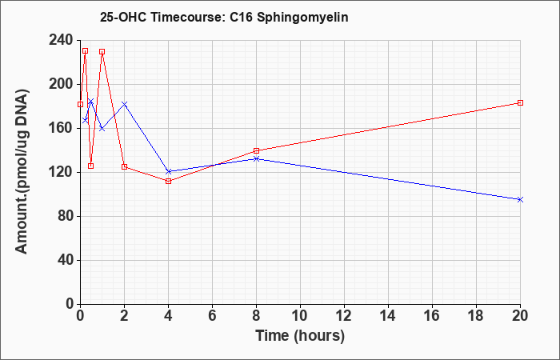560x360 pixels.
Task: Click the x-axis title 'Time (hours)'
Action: [x=300, y=335]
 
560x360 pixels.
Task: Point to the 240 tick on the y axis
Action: [x=61, y=40]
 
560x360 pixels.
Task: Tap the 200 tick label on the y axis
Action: [x=61, y=84]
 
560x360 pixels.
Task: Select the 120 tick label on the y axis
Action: [x=61, y=172]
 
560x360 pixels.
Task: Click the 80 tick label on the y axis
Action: [x=64, y=216]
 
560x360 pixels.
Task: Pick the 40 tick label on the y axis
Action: [x=64, y=260]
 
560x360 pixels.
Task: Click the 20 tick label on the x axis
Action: [x=520, y=316]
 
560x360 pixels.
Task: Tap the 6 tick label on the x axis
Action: [x=212, y=316]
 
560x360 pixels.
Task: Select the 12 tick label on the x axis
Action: [x=344, y=316]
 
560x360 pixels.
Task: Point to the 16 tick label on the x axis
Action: [x=432, y=316]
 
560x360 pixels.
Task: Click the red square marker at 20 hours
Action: [x=520, y=102]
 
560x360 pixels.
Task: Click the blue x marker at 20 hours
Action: [x=520, y=199]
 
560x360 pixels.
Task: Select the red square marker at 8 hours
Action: [x=256, y=150]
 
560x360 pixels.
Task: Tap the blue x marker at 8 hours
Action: [x=256, y=158]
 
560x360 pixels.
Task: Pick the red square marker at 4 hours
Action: [x=168, y=181]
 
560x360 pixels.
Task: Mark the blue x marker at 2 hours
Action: [x=124, y=104]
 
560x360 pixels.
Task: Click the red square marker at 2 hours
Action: [x=124, y=166]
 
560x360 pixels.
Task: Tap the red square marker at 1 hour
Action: [x=102, y=51]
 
